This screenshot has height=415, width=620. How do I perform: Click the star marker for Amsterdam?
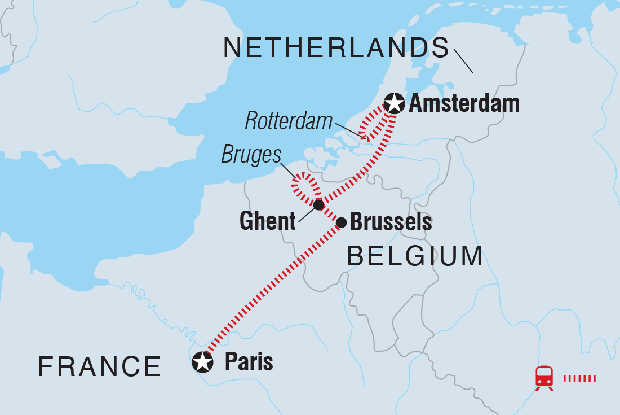tap(394, 103)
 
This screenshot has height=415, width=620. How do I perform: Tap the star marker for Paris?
tap(202, 362)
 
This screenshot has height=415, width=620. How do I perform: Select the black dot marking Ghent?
tap(318, 204)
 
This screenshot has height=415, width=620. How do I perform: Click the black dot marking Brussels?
tap(341, 222)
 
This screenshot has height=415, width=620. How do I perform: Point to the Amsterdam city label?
tap(464, 104)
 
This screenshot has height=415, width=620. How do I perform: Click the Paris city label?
tap(249, 362)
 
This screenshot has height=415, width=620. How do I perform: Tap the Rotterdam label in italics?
tap(289, 121)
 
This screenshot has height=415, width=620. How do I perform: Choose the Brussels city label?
tap(391, 222)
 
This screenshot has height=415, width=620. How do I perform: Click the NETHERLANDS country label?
tap(336, 49)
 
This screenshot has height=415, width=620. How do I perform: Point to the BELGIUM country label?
tap(415, 256)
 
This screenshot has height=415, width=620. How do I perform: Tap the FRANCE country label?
tap(100, 367)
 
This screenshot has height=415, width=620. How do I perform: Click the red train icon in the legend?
tap(544, 377)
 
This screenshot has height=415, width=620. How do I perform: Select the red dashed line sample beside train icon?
tap(579, 378)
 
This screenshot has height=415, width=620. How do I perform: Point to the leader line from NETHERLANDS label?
tap(463, 62)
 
